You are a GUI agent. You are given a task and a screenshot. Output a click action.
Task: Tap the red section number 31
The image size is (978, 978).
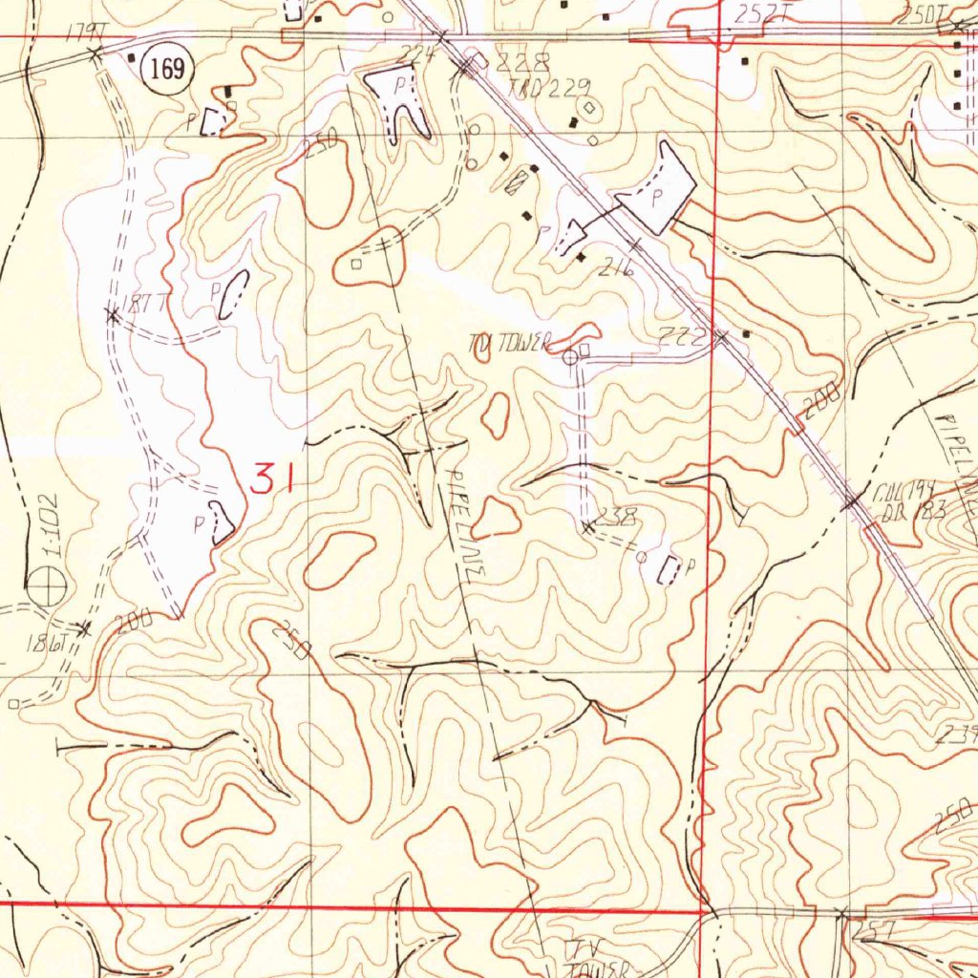(270, 477)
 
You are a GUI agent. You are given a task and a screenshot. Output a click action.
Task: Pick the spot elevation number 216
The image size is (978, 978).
(616, 269)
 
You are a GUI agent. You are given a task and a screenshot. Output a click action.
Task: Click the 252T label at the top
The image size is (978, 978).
(759, 12)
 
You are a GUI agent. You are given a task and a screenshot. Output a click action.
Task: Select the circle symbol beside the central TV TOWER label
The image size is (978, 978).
(569, 357)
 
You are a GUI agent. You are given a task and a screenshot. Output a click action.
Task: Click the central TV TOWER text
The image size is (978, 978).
(511, 341)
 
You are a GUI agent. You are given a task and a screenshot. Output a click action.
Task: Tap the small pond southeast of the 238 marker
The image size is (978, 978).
(671, 569)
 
